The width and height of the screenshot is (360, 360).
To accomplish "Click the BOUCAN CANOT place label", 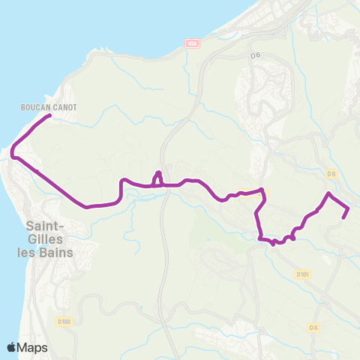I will (x=49, y=107).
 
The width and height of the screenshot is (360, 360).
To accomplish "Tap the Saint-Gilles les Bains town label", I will (x=49, y=238).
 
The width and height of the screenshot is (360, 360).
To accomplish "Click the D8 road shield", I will (x=331, y=173).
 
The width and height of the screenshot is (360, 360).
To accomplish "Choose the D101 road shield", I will (x=302, y=274).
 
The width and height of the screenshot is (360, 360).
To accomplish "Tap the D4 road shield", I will (x=313, y=327).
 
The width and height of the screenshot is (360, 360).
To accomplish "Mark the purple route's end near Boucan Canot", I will (x=49, y=115).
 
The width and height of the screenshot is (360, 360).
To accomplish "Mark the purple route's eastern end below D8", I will (x=343, y=217).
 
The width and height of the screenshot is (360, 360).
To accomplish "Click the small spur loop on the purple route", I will (x=157, y=175).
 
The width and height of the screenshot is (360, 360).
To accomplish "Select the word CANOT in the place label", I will (x=65, y=107).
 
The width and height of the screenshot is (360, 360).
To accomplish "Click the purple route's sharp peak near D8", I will (x=328, y=194).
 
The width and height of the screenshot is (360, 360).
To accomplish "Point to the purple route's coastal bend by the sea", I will (x=13, y=153).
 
